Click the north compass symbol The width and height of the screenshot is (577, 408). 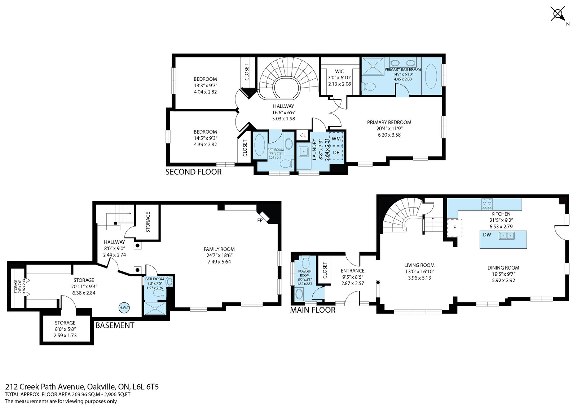(558, 14)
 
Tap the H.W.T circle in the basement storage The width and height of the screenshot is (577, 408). (124, 308)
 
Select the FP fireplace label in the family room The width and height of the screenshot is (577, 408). (260, 220)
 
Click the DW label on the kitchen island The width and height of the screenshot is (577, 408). (487, 235)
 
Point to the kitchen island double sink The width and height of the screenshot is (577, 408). (507, 235)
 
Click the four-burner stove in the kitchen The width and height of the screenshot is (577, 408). (487, 204)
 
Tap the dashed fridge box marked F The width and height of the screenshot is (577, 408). (455, 227)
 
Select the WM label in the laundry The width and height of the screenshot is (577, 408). (336, 139)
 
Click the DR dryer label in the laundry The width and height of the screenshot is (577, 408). (336, 152)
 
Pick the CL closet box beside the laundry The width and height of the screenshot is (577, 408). (303, 136)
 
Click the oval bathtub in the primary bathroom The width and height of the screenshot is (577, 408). (431, 76)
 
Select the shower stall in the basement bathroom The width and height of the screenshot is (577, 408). (155, 309)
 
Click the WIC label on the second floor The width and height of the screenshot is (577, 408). (339, 71)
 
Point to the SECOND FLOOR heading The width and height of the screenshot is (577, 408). (193, 172)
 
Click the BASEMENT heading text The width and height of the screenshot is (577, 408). (115, 325)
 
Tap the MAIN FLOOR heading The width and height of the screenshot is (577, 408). (313, 310)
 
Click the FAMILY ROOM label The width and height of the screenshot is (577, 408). (219, 249)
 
